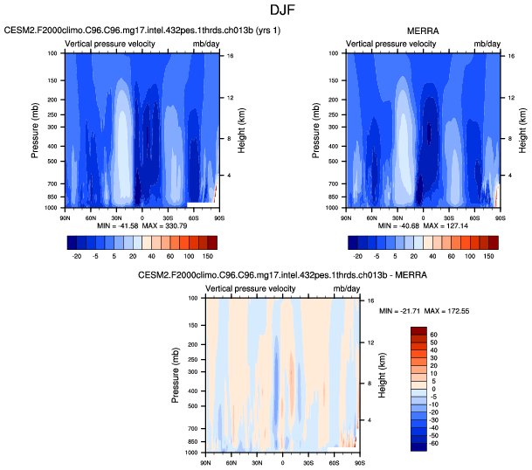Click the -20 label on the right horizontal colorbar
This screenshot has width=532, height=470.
(356, 259)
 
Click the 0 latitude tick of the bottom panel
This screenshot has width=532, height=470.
(282, 460)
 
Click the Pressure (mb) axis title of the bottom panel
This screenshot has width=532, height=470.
(175, 374)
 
